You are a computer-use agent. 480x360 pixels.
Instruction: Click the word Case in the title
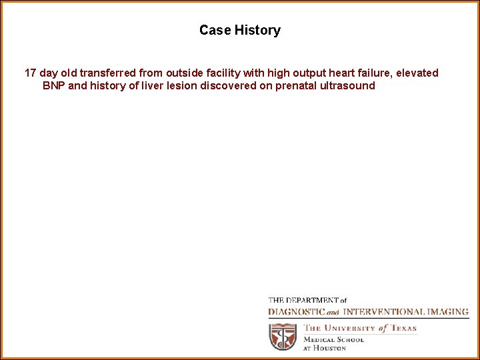click(x=215, y=30)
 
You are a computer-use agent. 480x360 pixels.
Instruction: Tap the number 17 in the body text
click(x=31, y=73)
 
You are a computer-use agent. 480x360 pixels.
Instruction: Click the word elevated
click(x=418, y=73)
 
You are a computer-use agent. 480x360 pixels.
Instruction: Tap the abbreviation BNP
click(x=54, y=86)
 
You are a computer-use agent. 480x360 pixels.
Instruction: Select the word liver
click(x=154, y=86)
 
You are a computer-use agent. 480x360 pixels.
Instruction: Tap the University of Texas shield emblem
click(x=283, y=337)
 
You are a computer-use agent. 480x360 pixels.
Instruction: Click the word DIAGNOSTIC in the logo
click(x=296, y=312)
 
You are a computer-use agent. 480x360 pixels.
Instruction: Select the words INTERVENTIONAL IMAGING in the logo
click(x=405, y=312)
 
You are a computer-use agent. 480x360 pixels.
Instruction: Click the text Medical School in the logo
click(x=333, y=339)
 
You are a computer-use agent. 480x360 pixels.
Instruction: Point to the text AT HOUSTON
click(x=324, y=348)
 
